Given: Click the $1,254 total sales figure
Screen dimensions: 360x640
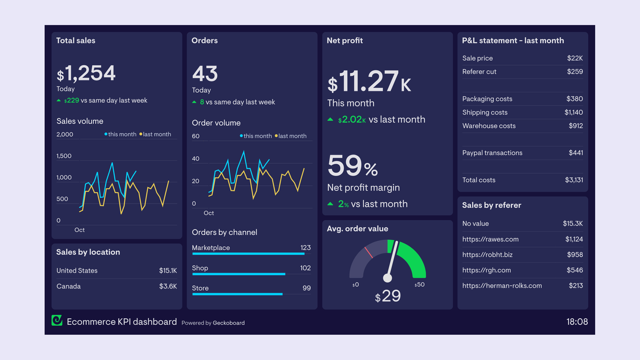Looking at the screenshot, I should point(86,74).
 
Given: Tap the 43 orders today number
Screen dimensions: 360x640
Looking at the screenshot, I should point(205,74).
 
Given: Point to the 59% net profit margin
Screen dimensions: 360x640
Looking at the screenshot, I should point(353,166).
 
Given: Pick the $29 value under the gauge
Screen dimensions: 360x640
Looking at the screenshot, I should point(388,297).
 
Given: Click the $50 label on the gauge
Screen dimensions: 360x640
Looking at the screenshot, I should point(419,285).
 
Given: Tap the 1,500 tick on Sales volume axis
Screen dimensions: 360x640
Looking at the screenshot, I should point(64,156).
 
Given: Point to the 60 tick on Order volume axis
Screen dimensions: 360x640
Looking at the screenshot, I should point(196,137).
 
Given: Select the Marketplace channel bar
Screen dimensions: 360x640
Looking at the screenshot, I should point(248,254).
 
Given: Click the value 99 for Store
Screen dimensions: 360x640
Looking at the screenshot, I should point(306,288).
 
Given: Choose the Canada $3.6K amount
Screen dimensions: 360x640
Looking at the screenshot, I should point(168,286).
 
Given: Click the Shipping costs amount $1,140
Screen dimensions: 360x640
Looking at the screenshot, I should point(573,113).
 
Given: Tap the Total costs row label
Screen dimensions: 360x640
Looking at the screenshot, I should point(479,180).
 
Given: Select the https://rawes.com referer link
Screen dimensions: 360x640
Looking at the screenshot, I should point(490,239).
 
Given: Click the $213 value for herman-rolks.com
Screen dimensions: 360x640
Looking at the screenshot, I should point(575,286).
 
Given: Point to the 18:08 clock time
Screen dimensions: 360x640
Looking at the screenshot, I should point(577,322).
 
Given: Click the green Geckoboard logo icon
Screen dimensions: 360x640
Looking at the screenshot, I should point(57,321).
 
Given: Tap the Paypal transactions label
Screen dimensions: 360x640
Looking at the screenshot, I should point(492,153).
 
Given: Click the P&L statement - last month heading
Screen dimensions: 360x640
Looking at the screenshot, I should point(513,41).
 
